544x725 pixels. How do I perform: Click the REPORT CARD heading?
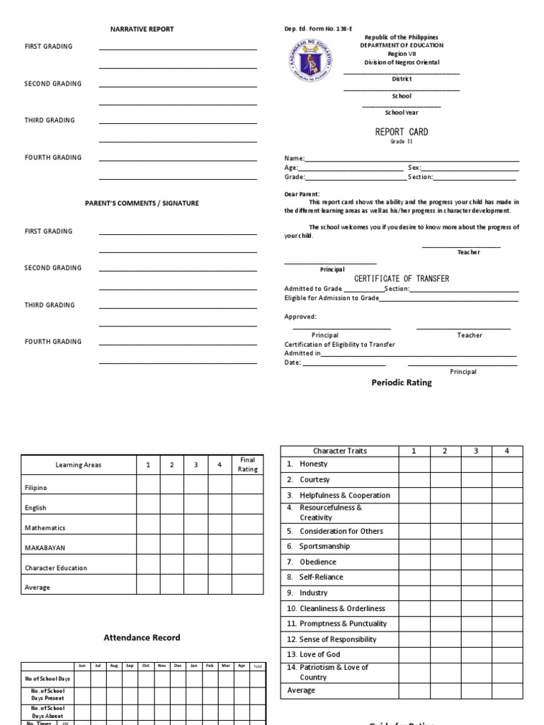click(401, 132)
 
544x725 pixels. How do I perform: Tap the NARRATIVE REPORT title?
click(142, 29)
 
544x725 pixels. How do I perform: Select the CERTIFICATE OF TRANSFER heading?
click(401, 279)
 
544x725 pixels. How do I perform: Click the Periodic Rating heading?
click(401, 382)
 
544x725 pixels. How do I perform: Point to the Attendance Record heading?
click(142, 637)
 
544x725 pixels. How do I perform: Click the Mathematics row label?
click(45, 527)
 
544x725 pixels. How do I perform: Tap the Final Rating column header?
click(247, 464)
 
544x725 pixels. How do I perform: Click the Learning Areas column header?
click(79, 465)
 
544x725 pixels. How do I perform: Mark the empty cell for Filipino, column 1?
click(148, 484)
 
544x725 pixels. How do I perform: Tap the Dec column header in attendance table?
click(178, 666)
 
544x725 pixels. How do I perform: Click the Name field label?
click(294, 159)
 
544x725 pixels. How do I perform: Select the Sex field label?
click(414, 168)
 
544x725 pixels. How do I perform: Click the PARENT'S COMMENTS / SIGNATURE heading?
click(142, 203)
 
